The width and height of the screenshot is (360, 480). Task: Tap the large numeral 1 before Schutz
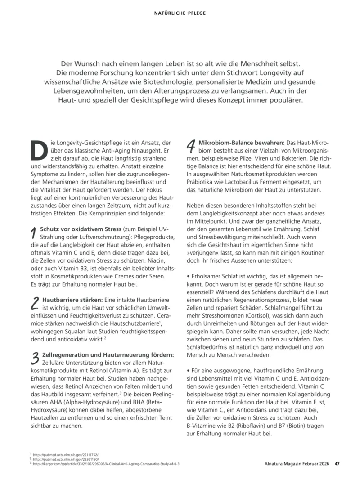tap(33, 233)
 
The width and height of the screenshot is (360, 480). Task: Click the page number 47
tap(337, 465)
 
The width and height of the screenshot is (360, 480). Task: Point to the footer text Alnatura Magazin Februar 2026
tap(294, 465)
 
